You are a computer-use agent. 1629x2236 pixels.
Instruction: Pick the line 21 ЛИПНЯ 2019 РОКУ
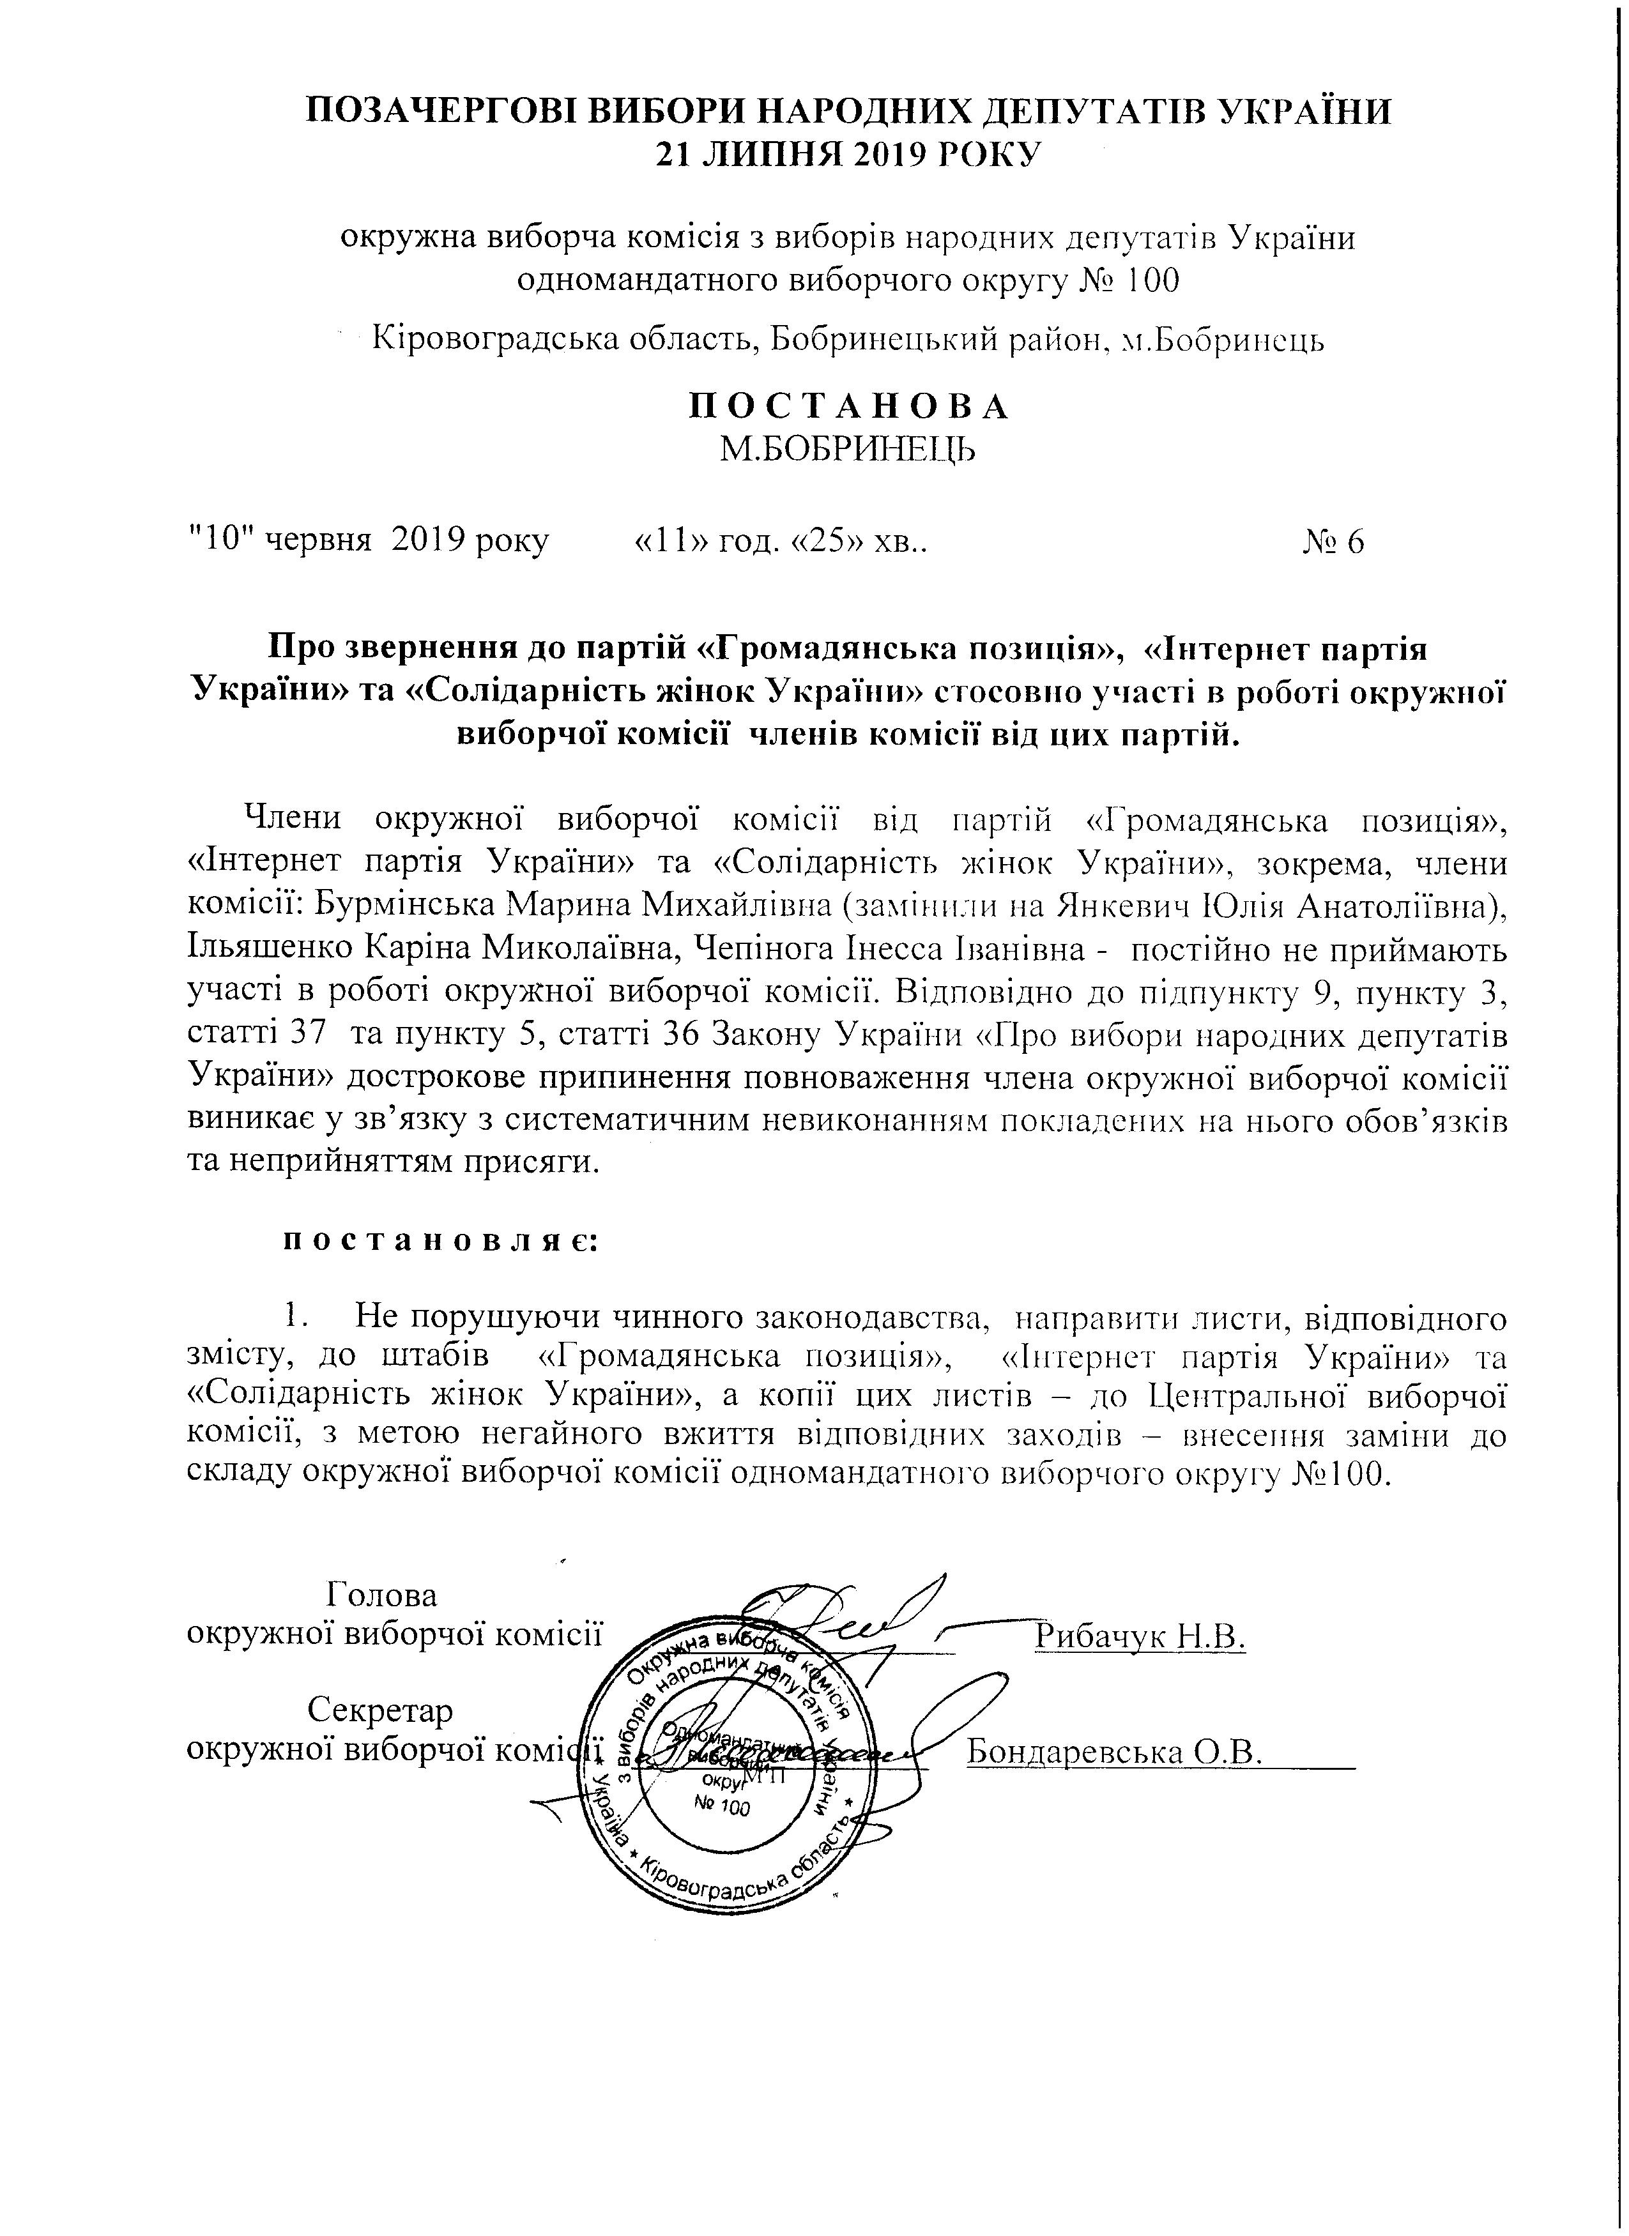click(x=848, y=155)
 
